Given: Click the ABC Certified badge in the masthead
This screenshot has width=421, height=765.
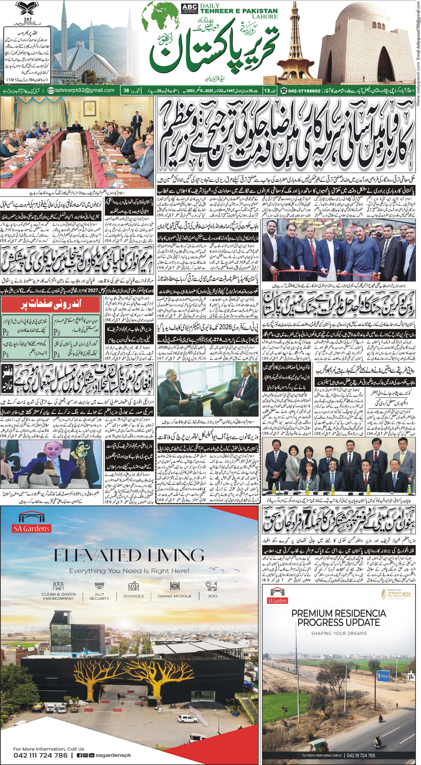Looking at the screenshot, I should coord(189,9).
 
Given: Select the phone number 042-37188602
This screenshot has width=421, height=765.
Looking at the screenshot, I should coord(304,91).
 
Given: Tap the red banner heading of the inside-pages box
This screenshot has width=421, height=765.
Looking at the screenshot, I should coord(50,305).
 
